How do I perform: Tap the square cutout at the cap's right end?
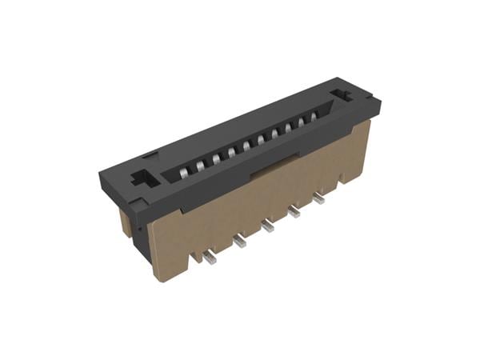(x=346, y=94)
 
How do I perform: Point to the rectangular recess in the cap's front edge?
(x=264, y=170)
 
